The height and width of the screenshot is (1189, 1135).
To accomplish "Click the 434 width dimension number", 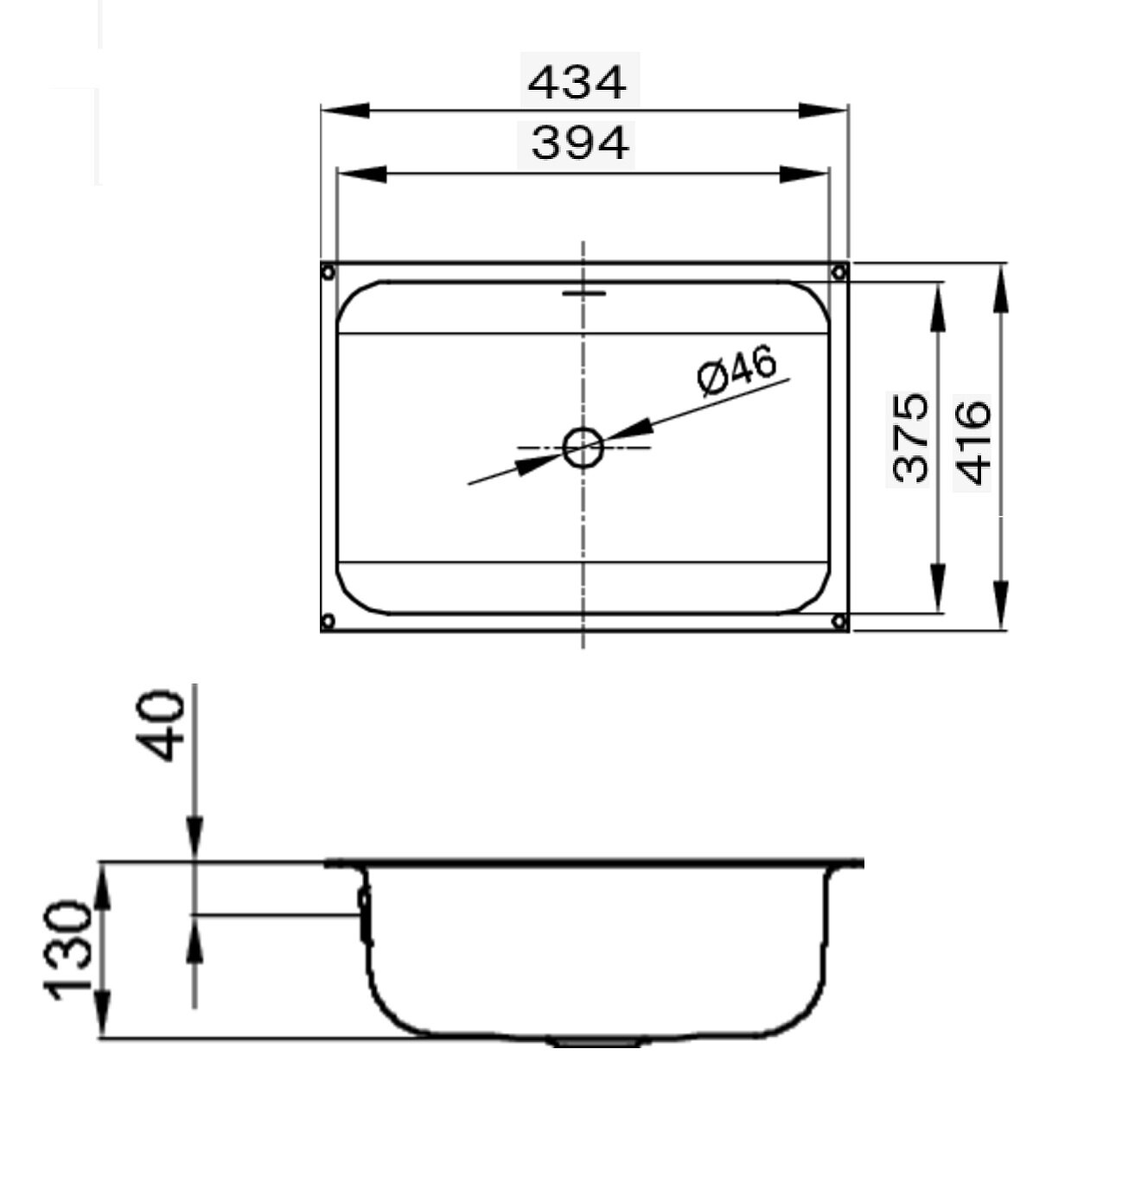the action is [577, 83].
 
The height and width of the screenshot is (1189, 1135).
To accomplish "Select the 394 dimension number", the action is [579, 143].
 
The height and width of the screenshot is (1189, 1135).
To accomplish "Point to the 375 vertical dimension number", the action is [910, 437].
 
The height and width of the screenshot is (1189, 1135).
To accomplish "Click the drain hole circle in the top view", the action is [583, 448].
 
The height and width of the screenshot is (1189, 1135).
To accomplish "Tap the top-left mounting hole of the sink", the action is [328, 273].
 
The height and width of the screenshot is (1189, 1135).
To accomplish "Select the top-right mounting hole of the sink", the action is [838, 273].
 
